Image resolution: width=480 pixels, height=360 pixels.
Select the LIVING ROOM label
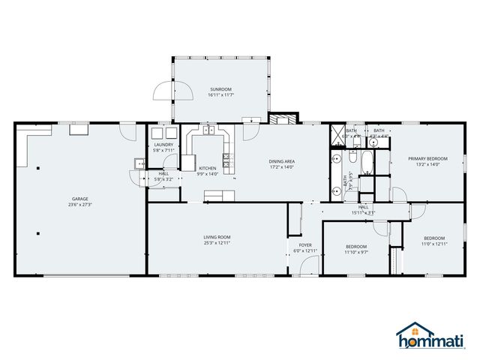coord(216,238)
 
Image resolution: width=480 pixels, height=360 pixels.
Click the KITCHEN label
coord(208,168)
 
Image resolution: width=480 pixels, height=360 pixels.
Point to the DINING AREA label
coord(283,160)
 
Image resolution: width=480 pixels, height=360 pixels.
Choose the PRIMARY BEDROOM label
coord(427,158)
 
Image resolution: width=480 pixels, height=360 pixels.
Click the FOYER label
coord(305,244)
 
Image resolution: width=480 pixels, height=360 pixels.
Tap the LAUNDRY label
coord(163,145)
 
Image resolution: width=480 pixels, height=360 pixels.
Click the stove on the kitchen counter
coord(228,160)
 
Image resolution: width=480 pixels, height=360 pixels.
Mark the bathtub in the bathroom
coord(366,160)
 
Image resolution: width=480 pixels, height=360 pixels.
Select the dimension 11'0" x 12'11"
coord(434,244)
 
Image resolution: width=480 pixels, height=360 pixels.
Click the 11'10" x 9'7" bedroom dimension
coord(356,252)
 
